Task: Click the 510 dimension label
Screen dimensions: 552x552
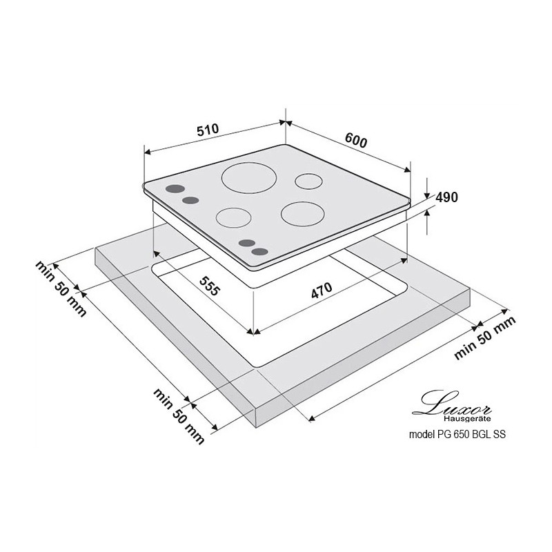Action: point(208,130)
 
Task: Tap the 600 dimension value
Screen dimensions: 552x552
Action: point(356,140)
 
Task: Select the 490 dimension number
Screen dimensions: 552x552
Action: point(446,197)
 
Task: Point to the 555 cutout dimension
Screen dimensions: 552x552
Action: point(210,286)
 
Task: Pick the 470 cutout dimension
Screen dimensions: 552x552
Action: point(322,290)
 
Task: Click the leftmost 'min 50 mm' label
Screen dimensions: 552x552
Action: point(61,289)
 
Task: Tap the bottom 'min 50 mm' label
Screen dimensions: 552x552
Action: point(179,416)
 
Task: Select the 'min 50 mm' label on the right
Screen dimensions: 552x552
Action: point(485,338)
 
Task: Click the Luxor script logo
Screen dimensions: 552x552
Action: point(452,403)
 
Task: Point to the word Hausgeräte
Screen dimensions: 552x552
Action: point(467,419)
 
